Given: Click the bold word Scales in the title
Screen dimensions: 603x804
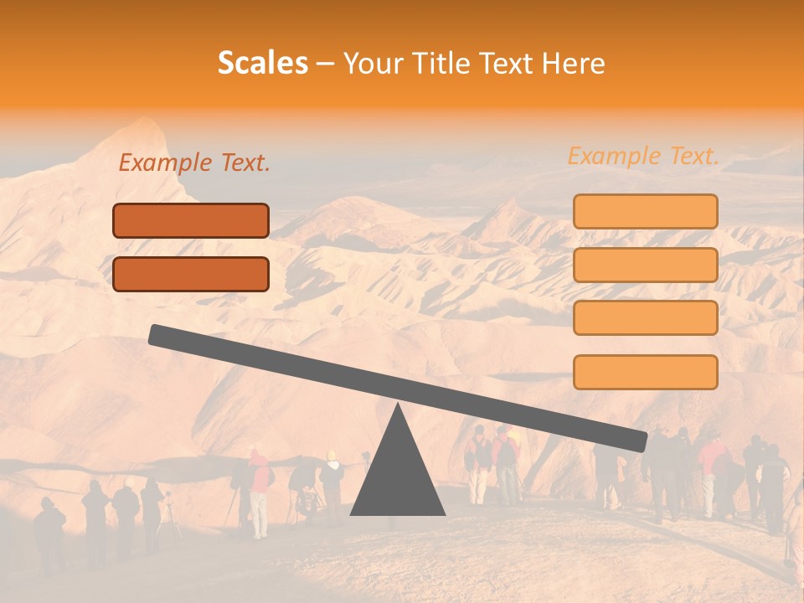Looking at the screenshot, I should coord(262,64).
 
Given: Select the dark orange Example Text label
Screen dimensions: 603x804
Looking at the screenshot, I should coord(194,163).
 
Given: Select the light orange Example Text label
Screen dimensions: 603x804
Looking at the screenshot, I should coord(643,156).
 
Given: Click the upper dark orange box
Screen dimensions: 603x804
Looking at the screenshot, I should coord(191,220).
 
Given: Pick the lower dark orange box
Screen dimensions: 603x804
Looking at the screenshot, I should coord(191,274).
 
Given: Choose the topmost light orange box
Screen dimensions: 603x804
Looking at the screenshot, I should coord(645,211).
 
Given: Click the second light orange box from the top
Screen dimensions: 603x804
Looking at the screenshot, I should coord(645,265).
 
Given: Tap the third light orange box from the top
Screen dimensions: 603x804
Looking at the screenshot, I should coord(645,318).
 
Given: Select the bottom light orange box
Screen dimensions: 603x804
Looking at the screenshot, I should coord(645,372).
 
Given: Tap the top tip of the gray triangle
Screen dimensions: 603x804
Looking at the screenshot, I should coord(398,405).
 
